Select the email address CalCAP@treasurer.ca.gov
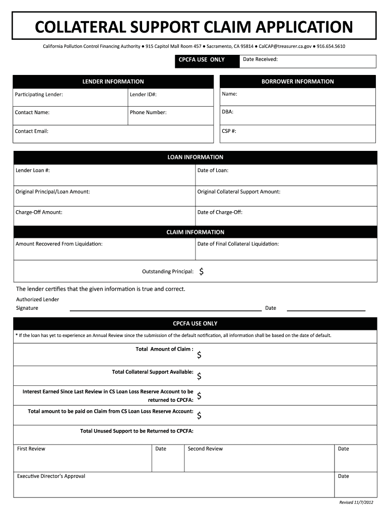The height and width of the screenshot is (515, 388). tap(285, 46)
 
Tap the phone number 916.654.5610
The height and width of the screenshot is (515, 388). tap(331, 46)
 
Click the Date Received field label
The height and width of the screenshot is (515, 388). tap(260, 59)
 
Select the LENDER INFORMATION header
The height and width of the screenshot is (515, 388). tap(113, 81)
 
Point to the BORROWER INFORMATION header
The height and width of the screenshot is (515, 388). tap(297, 81)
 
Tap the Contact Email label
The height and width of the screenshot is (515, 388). tap(32, 131)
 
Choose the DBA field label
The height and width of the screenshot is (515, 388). tap(227, 112)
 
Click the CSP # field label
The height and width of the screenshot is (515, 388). tap(229, 131)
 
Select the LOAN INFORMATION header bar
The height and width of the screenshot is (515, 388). tap(195, 157)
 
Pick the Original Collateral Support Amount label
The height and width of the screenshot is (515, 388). tap(238, 192)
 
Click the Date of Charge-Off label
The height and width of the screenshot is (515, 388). tap(220, 212)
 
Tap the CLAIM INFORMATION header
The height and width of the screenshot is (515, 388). tap(195, 232)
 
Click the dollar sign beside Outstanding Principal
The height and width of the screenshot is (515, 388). tap(202, 272)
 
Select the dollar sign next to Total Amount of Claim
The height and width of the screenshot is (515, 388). tap(200, 355)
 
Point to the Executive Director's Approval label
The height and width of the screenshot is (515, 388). tap(51, 476)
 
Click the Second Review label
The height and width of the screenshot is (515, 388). tap(205, 449)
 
